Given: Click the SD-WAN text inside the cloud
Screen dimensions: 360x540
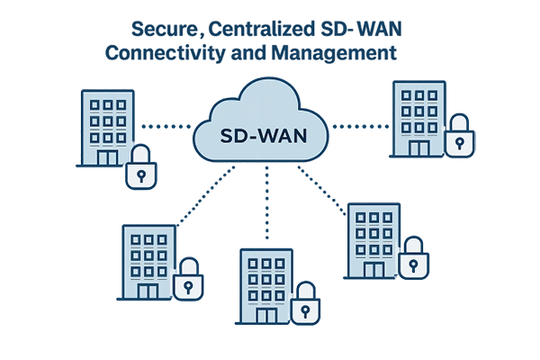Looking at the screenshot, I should pyautogui.click(x=261, y=138).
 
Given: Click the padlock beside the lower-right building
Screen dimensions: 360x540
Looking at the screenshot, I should pyautogui.click(x=414, y=258).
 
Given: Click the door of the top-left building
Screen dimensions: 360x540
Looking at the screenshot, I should pyautogui.click(x=107, y=157).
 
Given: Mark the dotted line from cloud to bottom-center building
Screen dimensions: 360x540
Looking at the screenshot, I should pyautogui.click(x=265, y=207).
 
